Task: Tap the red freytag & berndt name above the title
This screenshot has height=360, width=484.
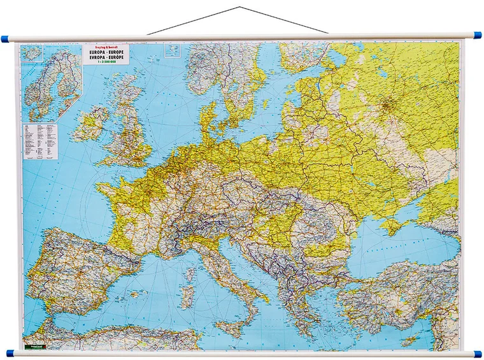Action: tap(104, 47)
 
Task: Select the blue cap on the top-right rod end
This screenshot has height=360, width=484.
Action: tap(478, 36)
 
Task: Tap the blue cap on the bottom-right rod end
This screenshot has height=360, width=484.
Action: tap(478, 352)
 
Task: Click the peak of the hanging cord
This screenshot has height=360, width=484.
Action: tap(239, 8)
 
